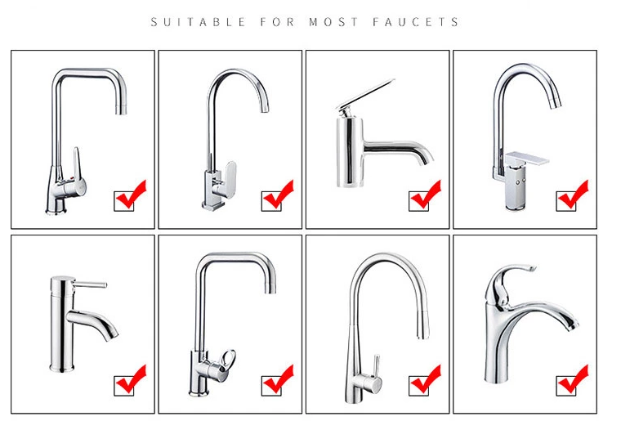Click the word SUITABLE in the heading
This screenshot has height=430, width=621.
click(x=198, y=22)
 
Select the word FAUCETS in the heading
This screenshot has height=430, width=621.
click(x=416, y=22)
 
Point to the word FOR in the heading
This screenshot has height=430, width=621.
click(x=278, y=22)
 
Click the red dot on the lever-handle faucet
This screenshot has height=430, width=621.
click(x=71, y=178)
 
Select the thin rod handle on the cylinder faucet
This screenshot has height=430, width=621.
click(x=91, y=284)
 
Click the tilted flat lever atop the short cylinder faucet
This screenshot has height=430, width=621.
click(x=364, y=94)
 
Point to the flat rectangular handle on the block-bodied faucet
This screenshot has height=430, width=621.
click(x=528, y=158)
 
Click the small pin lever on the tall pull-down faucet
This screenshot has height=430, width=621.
click(x=377, y=365)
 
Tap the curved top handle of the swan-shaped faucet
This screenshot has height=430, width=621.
click(x=511, y=280)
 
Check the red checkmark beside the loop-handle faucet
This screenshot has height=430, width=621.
click(x=278, y=379)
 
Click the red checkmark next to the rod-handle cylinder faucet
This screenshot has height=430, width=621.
click(x=130, y=379)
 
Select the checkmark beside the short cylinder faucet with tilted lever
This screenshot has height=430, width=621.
click(x=426, y=195)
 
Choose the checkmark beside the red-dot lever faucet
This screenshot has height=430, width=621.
click(x=130, y=195)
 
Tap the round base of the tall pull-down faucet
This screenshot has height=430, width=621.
click(x=354, y=398)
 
